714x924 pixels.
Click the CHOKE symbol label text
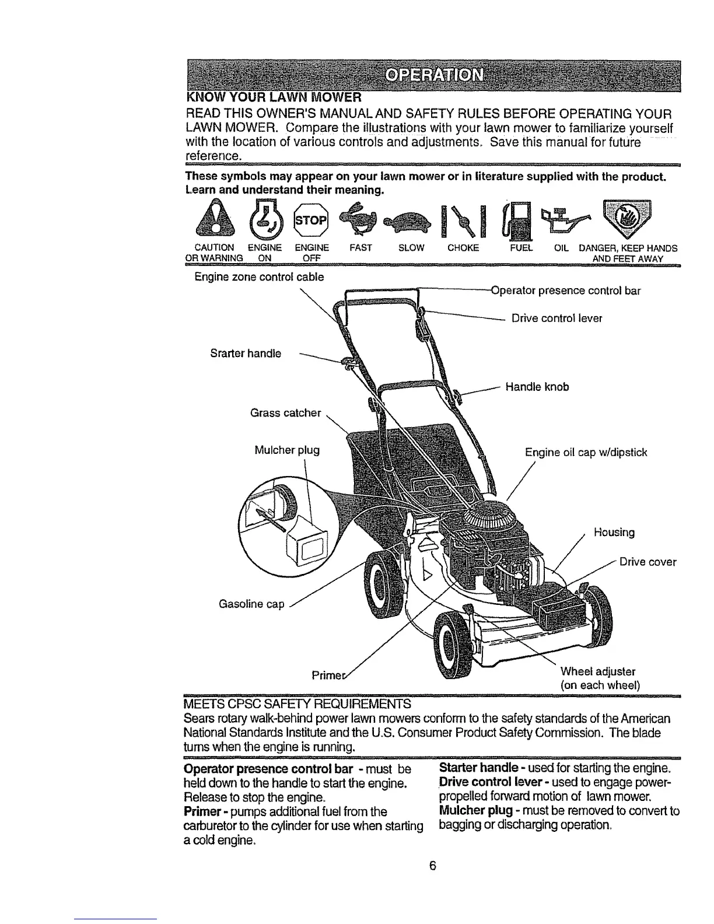[463, 248]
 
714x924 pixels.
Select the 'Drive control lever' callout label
[556, 318]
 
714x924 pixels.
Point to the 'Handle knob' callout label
[537, 387]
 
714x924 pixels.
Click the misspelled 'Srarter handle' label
[245, 353]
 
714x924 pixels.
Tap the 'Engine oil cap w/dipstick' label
[586, 453]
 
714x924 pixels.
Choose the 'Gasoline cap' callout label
[251, 604]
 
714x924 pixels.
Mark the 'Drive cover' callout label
[647, 562]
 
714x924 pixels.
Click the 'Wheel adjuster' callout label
[597, 671]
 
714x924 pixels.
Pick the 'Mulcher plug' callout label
[287, 450]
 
